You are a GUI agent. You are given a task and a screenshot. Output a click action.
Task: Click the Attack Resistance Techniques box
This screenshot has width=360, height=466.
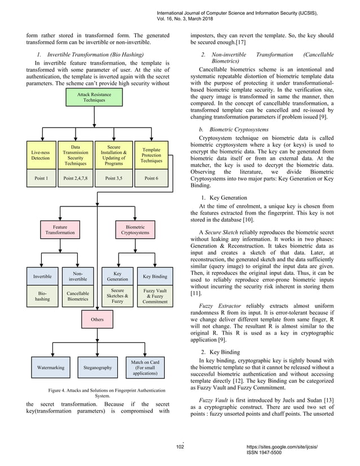[94, 99]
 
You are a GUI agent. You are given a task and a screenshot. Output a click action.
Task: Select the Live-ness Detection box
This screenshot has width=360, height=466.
[40, 155]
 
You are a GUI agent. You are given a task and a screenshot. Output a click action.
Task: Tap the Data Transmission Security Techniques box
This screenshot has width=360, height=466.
[75, 155]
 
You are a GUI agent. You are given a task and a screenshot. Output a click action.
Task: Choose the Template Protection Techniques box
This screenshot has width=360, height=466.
[152, 155]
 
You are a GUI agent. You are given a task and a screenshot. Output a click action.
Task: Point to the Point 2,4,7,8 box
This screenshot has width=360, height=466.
[75, 178]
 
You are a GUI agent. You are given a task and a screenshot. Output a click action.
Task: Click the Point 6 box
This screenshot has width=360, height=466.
[152, 178]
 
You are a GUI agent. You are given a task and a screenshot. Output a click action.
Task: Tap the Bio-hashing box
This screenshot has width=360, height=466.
[43, 297]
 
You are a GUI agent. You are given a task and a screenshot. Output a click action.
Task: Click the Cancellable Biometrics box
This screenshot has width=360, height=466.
[78, 297]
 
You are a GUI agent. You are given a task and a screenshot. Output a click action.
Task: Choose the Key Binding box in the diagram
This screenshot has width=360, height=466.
[155, 276]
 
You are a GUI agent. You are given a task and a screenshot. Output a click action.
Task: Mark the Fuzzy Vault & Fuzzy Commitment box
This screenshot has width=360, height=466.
[155, 297]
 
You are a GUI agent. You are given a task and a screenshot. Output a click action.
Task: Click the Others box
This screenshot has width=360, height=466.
[97, 320]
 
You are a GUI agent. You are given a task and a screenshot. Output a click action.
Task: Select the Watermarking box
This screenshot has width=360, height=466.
[51, 368]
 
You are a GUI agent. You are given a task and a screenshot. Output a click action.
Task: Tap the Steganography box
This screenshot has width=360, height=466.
[97, 368]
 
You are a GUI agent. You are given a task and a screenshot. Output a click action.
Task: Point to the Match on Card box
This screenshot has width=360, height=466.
[144, 368]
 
